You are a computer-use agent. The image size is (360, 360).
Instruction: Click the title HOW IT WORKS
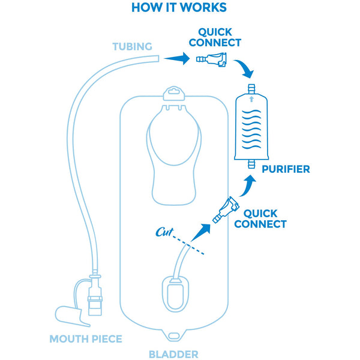point(179,8)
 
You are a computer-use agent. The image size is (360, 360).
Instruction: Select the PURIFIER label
point(286,169)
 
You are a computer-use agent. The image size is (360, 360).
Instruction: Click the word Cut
point(165,232)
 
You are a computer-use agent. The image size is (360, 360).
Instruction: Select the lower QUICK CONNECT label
point(260,218)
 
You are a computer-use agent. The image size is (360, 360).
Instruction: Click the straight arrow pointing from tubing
point(176,58)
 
